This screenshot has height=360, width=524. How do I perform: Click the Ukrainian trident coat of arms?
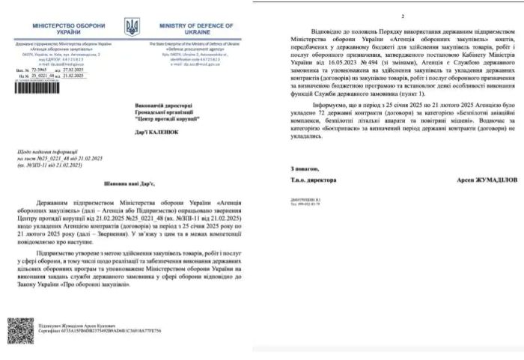(132, 29)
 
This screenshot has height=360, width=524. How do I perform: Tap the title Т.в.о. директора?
(313, 180)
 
